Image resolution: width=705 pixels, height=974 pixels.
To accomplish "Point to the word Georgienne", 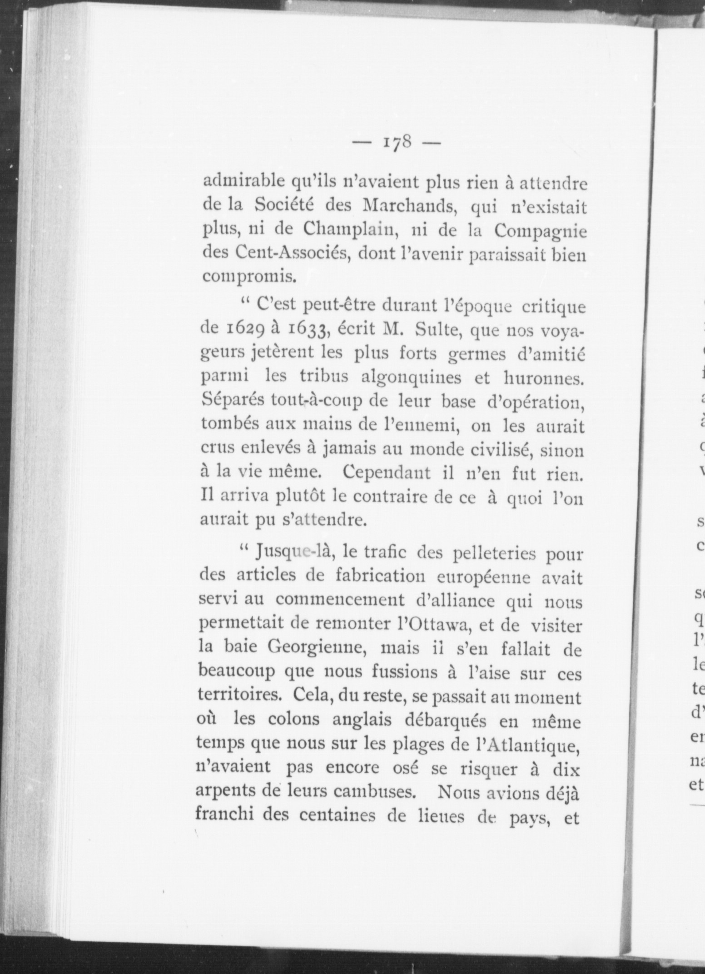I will coord(317,650).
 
